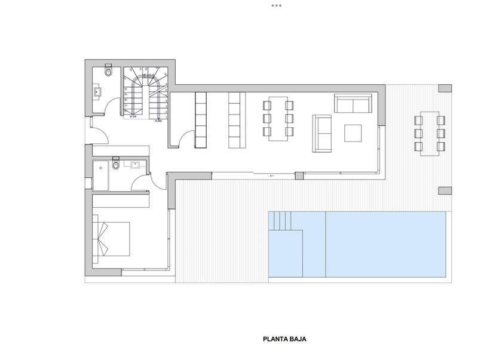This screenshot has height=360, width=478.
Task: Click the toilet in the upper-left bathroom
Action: tap(108, 72)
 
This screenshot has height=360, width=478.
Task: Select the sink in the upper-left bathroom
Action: tap(97, 92)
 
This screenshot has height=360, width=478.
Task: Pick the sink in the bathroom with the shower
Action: tap(135, 164)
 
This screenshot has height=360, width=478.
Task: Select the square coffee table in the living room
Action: tap(353, 133)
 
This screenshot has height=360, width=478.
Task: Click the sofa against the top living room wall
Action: tap(353, 103)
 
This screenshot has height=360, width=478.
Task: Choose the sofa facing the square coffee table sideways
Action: tap(322, 133)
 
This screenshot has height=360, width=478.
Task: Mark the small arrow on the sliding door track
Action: tap(272, 176)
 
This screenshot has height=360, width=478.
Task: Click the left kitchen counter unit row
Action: tap(201, 120)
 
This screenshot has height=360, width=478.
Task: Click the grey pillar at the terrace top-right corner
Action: tap(445, 88)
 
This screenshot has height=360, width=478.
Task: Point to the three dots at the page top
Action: tap(276, 5)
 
